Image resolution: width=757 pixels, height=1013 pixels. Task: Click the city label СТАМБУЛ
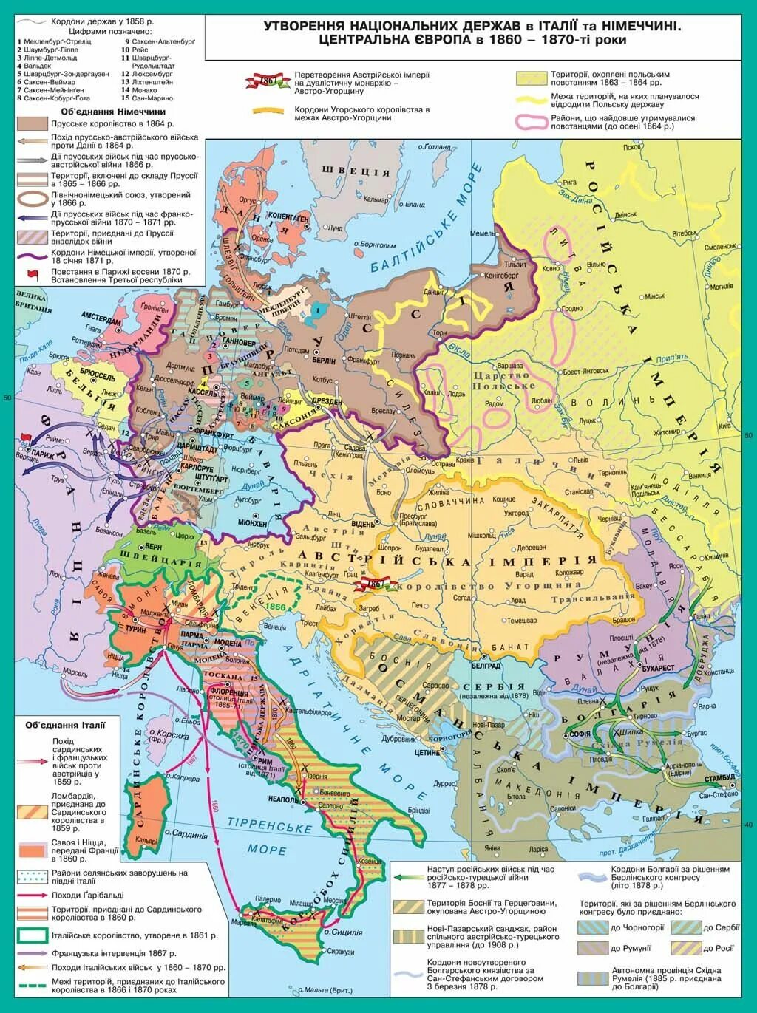pyautogui.click(x=719, y=778)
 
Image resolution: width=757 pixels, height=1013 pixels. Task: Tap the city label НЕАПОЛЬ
pyautogui.click(x=283, y=800)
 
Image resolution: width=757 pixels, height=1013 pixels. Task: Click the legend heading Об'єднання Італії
pyautogui.click(x=65, y=725)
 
